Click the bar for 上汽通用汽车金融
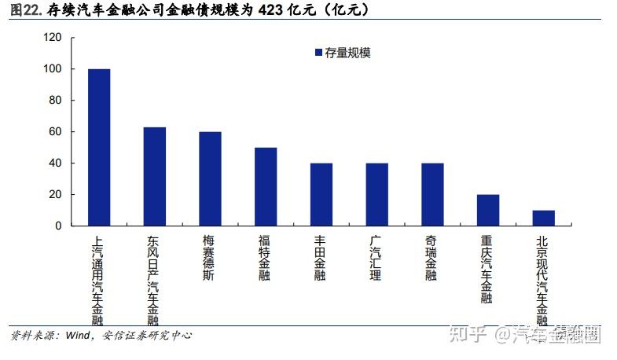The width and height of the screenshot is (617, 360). (99, 148)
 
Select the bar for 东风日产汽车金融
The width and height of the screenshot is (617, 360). (154, 177)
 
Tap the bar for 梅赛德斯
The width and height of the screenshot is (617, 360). (210, 179)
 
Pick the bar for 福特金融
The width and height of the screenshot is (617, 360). (266, 187)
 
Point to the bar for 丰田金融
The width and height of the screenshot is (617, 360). (321, 195)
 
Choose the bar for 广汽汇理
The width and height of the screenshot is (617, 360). (377, 195)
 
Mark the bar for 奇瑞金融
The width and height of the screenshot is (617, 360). (432, 195)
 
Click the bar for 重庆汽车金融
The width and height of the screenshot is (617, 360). (488, 211)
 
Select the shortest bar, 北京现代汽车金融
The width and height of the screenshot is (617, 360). (544, 219)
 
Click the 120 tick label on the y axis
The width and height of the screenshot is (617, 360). (53, 38)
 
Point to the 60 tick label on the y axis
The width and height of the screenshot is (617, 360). (56, 132)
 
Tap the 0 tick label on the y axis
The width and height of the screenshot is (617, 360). (58, 226)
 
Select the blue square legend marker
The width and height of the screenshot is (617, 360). (318, 53)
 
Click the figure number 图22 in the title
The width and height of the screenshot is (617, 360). (25, 10)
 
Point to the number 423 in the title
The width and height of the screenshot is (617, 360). (275, 10)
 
